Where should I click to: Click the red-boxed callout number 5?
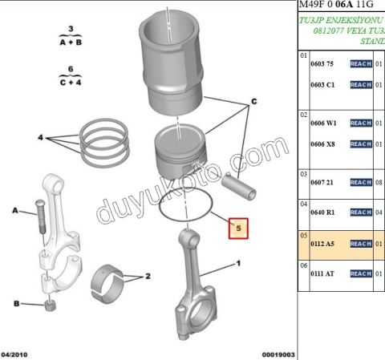point(237,229)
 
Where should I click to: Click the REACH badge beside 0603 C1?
point(360,84)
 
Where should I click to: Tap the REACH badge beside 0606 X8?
point(360,144)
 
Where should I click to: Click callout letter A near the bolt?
point(14,210)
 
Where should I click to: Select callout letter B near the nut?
point(15,302)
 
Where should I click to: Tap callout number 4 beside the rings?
point(40,138)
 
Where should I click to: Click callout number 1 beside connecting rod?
point(237,263)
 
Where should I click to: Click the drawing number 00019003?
point(278,354)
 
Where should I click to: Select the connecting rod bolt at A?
point(38,216)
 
